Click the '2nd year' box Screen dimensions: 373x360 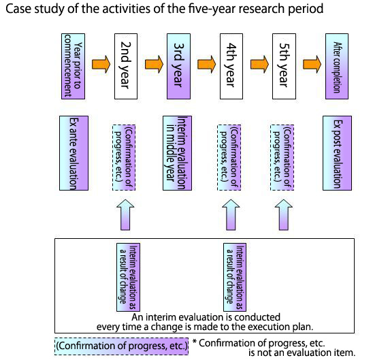(x=126, y=66)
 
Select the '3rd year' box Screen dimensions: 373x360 (x=178, y=66)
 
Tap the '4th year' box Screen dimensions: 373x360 (x=231, y=66)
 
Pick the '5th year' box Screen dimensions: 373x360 (x=285, y=66)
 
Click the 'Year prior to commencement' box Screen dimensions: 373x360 (x=73, y=66)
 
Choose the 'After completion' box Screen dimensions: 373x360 (x=337, y=66)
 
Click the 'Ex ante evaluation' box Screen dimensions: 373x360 (x=74, y=153)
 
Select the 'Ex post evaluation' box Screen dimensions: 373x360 (x=337, y=153)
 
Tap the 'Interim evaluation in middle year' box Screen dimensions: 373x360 (x=177, y=153)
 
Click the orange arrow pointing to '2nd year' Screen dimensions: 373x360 (x=101, y=64)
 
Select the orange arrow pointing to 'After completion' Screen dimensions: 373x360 (x=312, y=64)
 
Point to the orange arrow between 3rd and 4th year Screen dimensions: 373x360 (x=206, y=64)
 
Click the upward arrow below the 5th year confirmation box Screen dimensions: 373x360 (x=284, y=215)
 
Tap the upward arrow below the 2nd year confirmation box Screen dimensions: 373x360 (x=125, y=215)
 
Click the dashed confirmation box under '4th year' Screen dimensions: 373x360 (x=229, y=157)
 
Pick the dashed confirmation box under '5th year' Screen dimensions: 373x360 (x=282, y=157)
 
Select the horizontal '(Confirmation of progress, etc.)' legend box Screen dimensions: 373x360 (x=122, y=346)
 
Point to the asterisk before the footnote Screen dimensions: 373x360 (x=195, y=342)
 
